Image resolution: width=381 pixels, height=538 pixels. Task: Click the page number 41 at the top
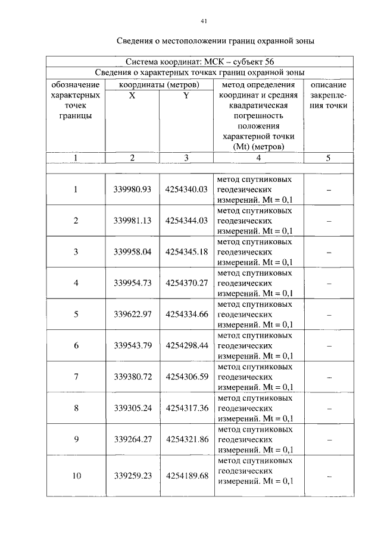point(204,21)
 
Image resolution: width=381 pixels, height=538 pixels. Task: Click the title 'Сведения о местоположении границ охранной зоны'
point(214,42)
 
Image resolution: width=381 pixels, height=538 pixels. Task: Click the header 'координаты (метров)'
point(159,85)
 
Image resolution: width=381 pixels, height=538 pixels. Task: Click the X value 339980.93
point(132,190)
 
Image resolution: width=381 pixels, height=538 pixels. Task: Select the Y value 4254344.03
point(186,221)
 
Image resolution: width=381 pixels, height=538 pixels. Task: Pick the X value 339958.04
point(132,251)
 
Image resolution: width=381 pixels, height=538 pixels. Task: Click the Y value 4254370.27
point(186,283)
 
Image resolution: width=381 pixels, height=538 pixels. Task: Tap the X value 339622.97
point(132,314)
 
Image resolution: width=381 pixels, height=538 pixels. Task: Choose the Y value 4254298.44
point(186,345)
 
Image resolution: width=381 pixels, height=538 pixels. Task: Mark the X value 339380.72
point(132,377)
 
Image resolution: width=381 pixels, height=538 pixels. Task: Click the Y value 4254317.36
point(186,408)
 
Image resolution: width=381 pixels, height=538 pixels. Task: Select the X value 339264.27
point(132,440)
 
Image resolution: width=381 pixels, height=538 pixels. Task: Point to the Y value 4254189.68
point(186,476)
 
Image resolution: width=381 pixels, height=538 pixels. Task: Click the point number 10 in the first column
point(76,476)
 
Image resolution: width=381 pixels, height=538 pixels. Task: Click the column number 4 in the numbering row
point(258,158)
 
